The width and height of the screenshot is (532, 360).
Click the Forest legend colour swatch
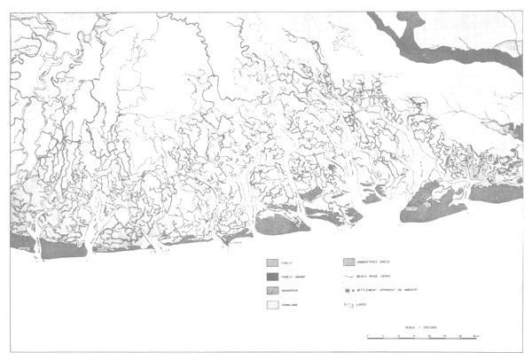(x=273, y=262)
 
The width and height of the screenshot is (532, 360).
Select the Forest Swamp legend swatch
(x=273, y=276)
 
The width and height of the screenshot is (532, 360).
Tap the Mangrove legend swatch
(x=273, y=289)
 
